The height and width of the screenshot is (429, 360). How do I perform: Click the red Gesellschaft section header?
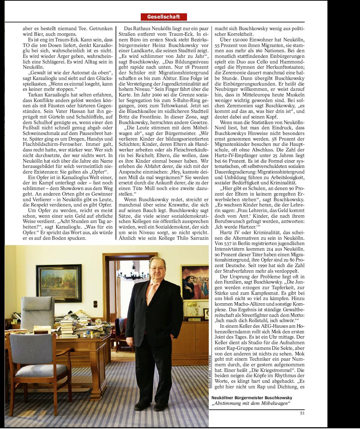(x=164, y=17)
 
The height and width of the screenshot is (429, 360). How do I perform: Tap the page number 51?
(x=302, y=413)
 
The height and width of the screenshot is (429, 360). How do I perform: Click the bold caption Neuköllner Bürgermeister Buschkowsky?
(x=252, y=398)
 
